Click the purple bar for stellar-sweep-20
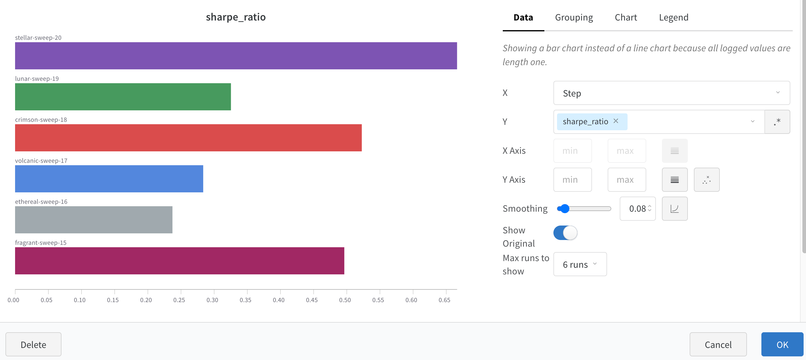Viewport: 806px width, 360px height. pos(236,56)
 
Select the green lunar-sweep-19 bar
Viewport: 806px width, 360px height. pos(123,97)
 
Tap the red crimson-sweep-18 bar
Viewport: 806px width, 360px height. pos(188,138)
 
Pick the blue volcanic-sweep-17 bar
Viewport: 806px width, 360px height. pos(109,179)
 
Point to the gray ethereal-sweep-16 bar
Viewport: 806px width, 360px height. pos(93,220)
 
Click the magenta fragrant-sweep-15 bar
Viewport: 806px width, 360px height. pos(179,261)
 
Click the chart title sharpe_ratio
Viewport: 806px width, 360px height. pos(236,17)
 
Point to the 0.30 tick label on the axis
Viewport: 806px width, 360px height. pos(212,300)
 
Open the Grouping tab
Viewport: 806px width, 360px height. pos(574,17)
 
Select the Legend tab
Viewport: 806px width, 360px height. pos(673,17)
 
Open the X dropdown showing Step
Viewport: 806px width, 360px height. pos(671,93)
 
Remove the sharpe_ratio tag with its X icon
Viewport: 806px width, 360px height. pos(616,121)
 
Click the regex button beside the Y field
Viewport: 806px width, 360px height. pos(777,122)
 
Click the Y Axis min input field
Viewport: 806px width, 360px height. pos(572,180)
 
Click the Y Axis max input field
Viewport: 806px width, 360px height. pos(626,180)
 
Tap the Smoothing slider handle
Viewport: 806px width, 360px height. pos(565,208)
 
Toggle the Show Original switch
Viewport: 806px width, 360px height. pos(565,233)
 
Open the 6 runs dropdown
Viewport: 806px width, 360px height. pos(580,264)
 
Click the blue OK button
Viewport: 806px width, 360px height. pos(782,344)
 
